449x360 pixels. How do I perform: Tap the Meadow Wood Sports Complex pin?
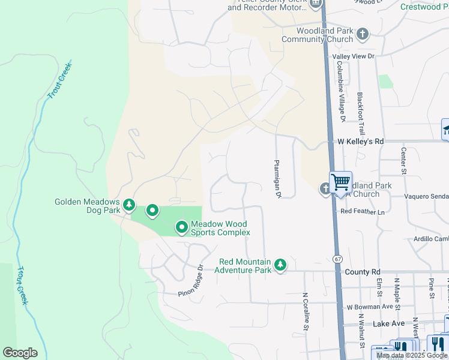point(181,227)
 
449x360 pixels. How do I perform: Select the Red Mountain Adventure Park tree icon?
point(279,265)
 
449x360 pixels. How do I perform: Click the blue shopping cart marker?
point(340,181)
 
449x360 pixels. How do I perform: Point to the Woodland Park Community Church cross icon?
point(362,34)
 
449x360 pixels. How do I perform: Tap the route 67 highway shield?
point(338,258)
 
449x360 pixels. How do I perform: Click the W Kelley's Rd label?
point(360,142)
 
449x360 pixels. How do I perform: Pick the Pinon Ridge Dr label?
point(191,281)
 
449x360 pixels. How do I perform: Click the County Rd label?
point(363,272)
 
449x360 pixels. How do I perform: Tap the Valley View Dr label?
point(354,56)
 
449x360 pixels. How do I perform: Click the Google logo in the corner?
point(20,353)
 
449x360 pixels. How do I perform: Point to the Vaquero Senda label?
point(427,197)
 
